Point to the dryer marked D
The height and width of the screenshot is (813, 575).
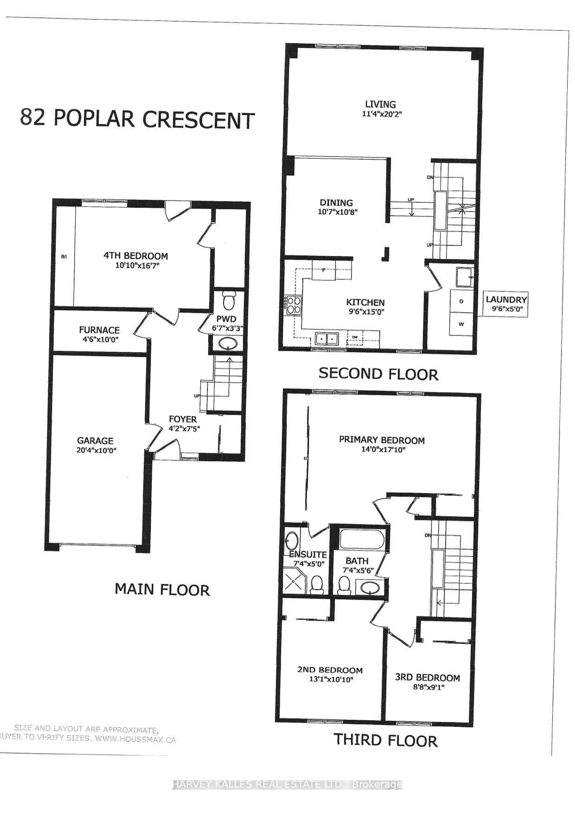click(x=461, y=301)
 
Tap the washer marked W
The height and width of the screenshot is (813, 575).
click(x=461, y=324)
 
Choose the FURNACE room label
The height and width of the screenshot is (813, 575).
click(x=99, y=330)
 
